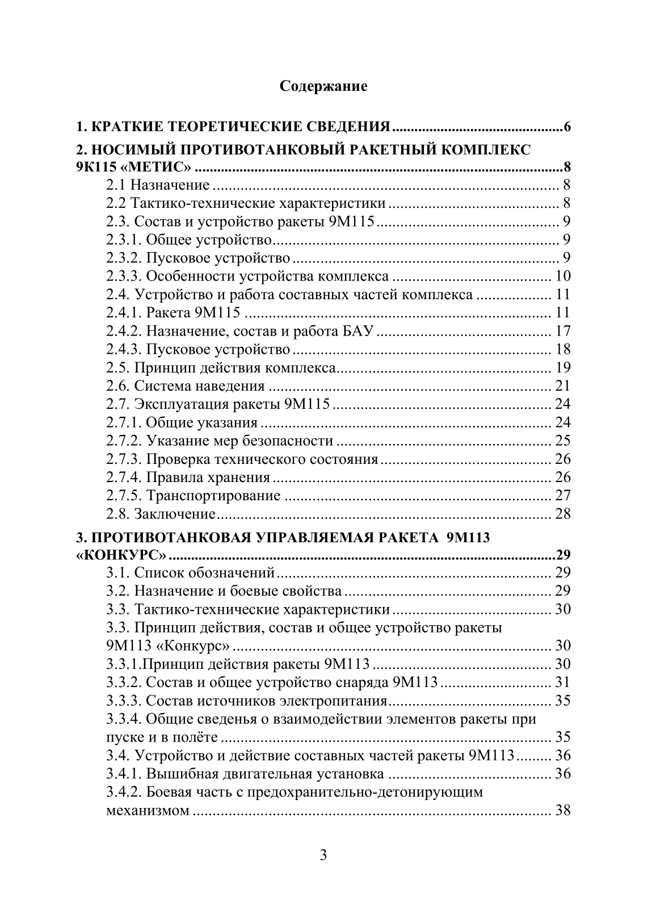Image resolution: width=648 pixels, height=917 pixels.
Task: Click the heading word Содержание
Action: pyautogui.click(x=323, y=86)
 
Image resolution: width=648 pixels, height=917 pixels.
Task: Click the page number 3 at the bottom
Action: pyautogui.click(x=323, y=856)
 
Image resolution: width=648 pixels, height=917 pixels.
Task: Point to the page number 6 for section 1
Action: pyautogui.click(x=566, y=126)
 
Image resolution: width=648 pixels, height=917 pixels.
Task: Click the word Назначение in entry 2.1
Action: pyautogui.click(x=170, y=185)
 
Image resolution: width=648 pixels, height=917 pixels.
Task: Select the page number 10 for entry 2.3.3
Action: pyautogui.click(x=562, y=277)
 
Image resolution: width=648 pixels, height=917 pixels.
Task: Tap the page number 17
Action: pyautogui.click(x=562, y=331)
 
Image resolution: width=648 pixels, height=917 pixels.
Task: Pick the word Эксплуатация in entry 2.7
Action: pyautogui.click(x=186, y=404)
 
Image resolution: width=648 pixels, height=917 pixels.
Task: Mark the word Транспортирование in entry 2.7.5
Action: pyautogui.click(x=213, y=496)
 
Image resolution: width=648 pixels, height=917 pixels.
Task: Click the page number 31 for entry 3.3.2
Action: pyautogui.click(x=562, y=682)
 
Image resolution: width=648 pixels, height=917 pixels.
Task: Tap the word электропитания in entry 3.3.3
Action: pyautogui.click(x=336, y=701)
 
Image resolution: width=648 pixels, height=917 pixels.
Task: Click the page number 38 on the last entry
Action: pyautogui.click(x=562, y=810)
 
